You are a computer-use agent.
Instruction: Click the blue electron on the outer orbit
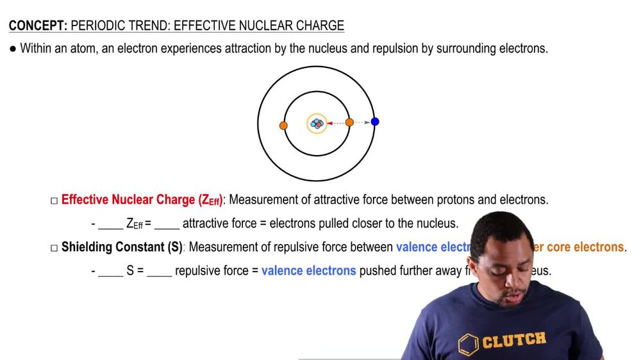point(375,122)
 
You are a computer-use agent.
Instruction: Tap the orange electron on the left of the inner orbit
point(283,126)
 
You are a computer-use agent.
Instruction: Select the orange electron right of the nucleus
point(349,122)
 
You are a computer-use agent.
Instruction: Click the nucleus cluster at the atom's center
point(317,123)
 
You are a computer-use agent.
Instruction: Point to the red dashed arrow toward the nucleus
point(337,122)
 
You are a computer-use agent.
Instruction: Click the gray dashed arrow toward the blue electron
point(363,122)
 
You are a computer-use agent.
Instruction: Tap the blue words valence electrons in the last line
point(308,271)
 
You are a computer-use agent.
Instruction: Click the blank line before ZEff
point(110,224)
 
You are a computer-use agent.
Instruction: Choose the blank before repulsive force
point(159,271)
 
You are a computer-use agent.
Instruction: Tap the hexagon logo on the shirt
point(469,344)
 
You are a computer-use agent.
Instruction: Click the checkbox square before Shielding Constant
point(54,248)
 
